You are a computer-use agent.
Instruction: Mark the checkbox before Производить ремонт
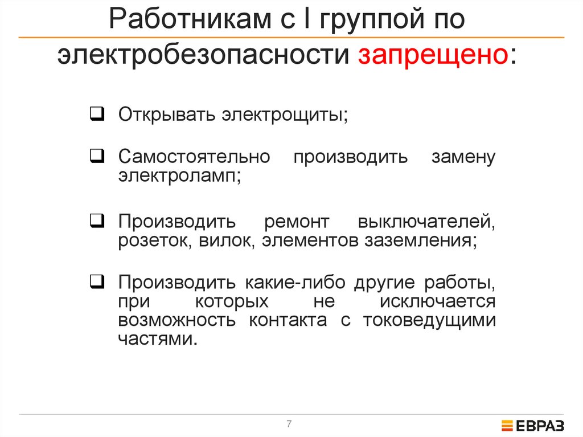click(x=96, y=220)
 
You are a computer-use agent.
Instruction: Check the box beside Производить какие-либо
click(x=96, y=281)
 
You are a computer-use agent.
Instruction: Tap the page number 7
click(x=289, y=424)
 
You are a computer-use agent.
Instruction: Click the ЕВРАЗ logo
click(x=532, y=425)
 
